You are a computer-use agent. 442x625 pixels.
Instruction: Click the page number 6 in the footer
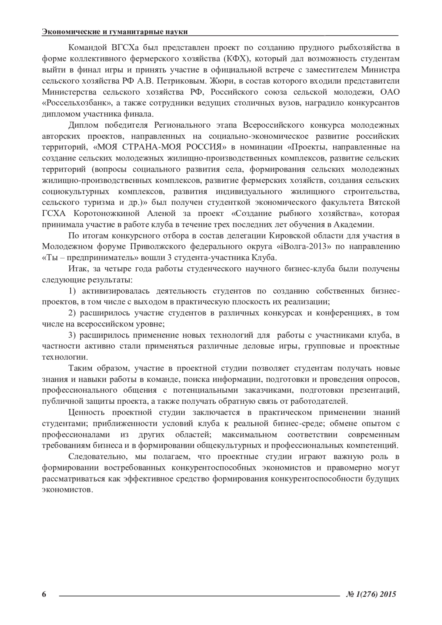[x=44, y=594]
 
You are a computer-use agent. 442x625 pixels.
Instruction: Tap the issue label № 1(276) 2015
[x=371, y=594]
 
